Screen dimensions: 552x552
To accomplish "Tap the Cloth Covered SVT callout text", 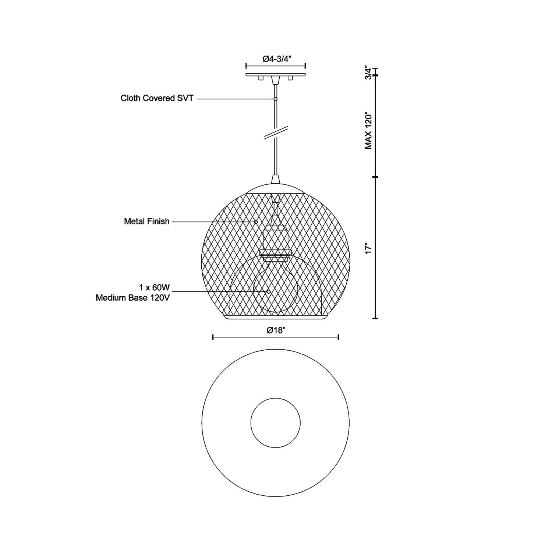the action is (x=157, y=99).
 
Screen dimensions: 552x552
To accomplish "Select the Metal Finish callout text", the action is (x=147, y=221).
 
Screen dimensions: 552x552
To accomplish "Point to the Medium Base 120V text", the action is (x=133, y=298).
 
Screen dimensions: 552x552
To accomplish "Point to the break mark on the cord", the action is (x=276, y=133).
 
